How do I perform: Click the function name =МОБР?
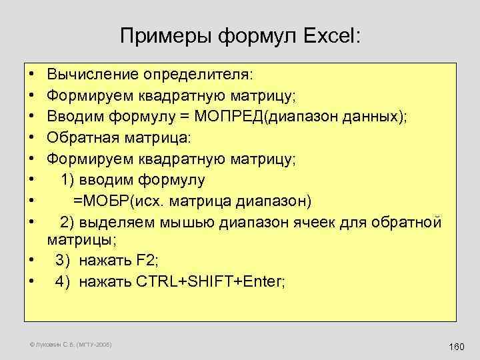click(x=97, y=201)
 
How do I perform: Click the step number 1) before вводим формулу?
click(x=67, y=180)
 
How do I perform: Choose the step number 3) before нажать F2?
click(x=63, y=261)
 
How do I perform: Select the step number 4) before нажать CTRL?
click(x=63, y=281)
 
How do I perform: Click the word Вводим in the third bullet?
click(x=73, y=117)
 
